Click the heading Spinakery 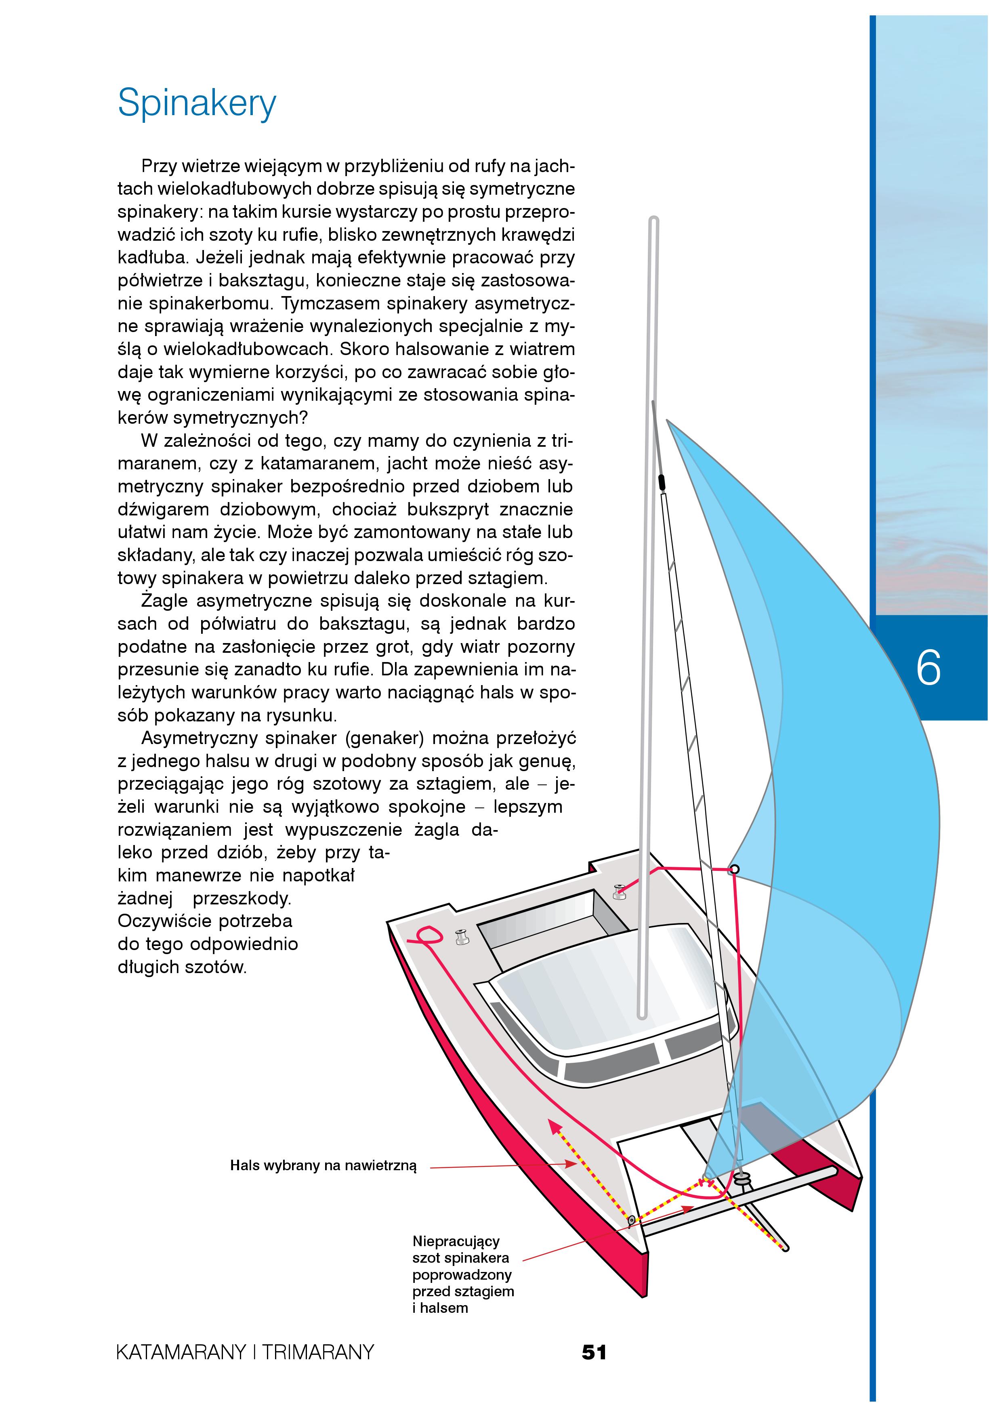click(197, 103)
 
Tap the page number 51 click(594, 1352)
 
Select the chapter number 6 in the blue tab click(928, 668)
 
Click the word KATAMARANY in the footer click(181, 1353)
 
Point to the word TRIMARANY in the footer click(318, 1353)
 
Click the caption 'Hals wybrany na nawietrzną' click(323, 1166)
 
